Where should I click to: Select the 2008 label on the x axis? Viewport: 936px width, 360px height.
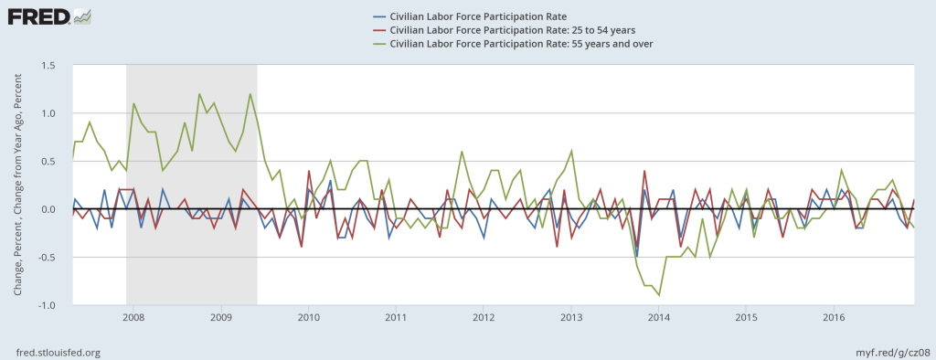[x=133, y=317]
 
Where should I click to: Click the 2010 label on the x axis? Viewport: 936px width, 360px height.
[x=308, y=317]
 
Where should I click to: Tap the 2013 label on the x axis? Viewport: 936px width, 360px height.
[x=571, y=317]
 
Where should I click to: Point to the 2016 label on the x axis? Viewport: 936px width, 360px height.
[x=835, y=317]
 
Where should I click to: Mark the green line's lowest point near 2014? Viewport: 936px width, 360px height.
[x=659, y=295]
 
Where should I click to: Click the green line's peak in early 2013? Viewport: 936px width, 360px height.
[x=571, y=151]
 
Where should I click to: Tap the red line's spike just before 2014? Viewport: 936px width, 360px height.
[x=644, y=171]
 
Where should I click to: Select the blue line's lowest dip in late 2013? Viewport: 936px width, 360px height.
[x=637, y=257]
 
